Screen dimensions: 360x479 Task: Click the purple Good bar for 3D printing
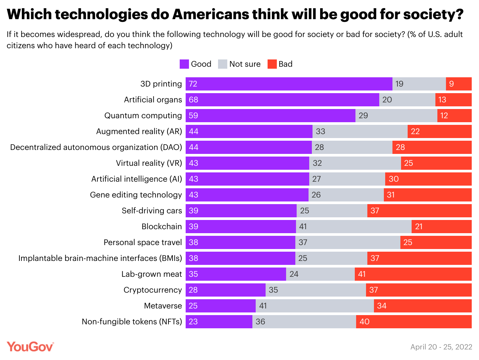click(289, 84)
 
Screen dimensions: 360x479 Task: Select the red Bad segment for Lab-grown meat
click(413, 274)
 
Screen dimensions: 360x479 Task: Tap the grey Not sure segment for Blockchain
click(353, 227)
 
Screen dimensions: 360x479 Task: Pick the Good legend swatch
click(184, 64)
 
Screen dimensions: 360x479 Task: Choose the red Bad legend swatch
click(272, 64)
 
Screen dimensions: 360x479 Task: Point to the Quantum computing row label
click(143, 116)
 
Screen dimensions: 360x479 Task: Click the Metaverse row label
click(163, 306)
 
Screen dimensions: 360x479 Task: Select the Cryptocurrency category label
click(153, 290)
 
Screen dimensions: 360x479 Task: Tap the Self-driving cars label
click(152, 211)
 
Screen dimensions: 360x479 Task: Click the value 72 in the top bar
click(193, 84)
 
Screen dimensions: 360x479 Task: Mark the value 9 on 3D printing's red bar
click(451, 84)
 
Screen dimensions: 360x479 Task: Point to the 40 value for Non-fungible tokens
click(364, 322)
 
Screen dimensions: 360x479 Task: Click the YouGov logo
click(30, 347)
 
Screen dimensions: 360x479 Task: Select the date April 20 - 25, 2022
click(441, 347)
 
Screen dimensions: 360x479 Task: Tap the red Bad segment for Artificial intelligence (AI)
click(428, 179)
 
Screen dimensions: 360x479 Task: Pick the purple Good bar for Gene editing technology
click(247, 195)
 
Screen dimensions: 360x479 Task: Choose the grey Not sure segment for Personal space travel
click(348, 242)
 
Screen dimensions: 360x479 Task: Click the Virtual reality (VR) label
click(149, 163)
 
